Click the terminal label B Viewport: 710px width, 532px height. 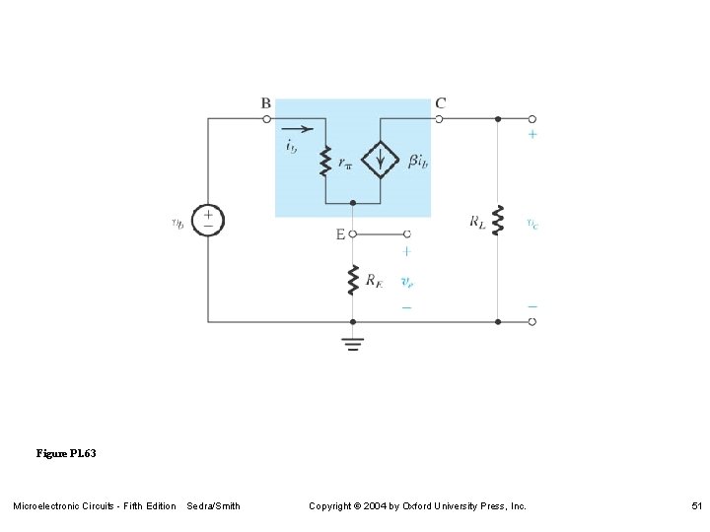coord(266,102)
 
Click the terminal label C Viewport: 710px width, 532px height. coord(440,102)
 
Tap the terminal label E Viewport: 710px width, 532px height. coord(340,234)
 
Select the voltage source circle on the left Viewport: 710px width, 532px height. coord(207,220)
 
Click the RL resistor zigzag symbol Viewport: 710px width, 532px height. coord(498,220)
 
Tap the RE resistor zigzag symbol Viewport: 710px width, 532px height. coord(352,280)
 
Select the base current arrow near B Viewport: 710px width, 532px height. coord(297,128)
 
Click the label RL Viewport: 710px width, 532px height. coord(477,222)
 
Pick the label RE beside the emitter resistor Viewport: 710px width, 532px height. coord(374,282)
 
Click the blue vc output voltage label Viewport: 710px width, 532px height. coord(532,224)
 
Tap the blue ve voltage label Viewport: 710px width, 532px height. coord(406,282)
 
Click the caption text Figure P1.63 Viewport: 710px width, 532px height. coord(66,454)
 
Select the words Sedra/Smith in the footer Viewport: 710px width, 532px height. coord(213,506)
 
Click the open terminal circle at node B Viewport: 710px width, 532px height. coord(266,118)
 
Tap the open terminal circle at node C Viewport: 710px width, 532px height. coord(440,118)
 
